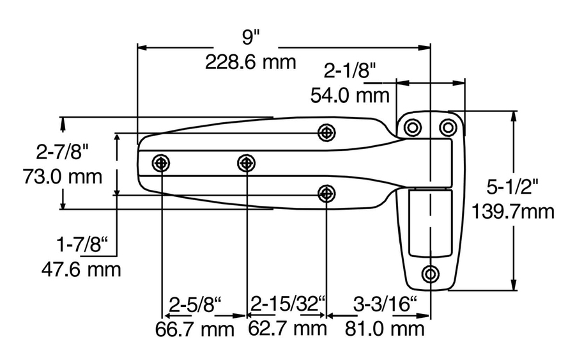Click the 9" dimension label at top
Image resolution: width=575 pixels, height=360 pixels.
[x=249, y=37]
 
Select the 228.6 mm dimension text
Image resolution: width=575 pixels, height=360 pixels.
[x=250, y=62]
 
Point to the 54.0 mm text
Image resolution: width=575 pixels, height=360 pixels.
[x=350, y=95]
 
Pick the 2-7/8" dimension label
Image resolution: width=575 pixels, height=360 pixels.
[x=62, y=152]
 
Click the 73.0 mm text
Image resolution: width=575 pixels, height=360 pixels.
[x=62, y=176]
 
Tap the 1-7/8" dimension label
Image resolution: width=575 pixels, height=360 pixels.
[x=82, y=245]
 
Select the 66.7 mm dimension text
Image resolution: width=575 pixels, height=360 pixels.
[x=194, y=329]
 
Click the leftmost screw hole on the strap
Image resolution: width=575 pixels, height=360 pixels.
[x=161, y=163]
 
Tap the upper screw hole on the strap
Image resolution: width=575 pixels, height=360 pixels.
[x=327, y=132]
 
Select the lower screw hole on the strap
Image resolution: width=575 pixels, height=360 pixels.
[x=327, y=192]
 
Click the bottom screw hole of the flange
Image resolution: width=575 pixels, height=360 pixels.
[x=431, y=274]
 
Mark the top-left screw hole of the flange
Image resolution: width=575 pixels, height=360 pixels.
[x=413, y=127]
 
